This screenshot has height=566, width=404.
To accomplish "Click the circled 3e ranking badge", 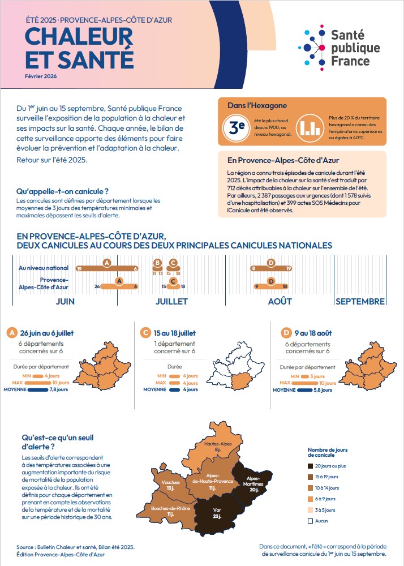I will (233, 127).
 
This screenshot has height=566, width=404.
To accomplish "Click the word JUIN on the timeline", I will (65, 302).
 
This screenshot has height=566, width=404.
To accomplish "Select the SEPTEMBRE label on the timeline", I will (360, 302).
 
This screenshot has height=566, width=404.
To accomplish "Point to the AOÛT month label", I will (280, 302).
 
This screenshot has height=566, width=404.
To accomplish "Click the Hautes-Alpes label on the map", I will (220, 447).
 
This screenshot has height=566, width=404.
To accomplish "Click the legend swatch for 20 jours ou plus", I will (311, 466).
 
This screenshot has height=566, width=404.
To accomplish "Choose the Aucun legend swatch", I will (311, 520).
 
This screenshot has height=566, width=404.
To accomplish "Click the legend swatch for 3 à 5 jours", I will (311, 509).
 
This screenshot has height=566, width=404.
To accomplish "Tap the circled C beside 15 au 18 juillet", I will (146, 333).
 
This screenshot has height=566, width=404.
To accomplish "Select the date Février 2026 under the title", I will (41, 76).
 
